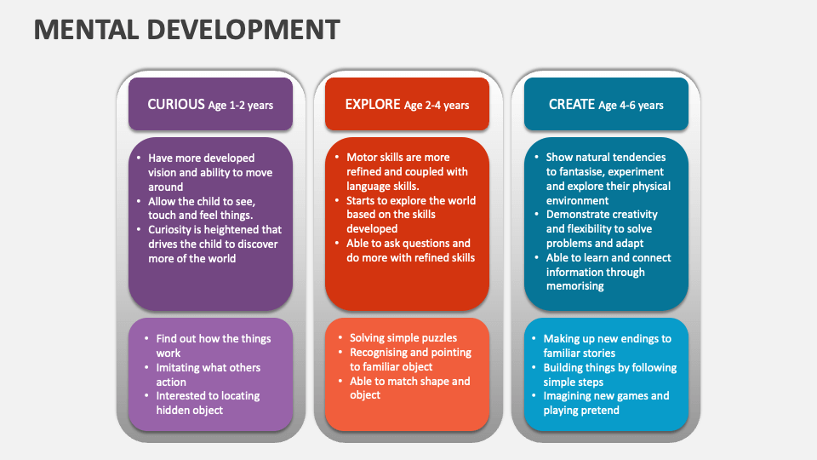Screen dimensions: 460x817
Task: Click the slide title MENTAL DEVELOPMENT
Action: (x=186, y=29)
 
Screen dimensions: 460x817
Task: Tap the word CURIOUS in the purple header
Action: (x=176, y=104)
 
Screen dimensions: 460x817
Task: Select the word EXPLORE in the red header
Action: (x=372, y=104)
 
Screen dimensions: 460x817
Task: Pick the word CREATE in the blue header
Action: (x=571, y=104)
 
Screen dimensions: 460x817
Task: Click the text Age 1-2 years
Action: (x=241, y=106)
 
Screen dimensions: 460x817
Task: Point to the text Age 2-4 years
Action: (x=437, y=106)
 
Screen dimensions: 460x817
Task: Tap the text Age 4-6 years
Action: (x=631, y=106)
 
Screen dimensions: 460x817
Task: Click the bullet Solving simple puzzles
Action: (x=403, y=338)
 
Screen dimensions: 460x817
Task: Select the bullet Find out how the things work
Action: (x=213, y=346)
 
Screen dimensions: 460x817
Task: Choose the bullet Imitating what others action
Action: (x=208, y=375)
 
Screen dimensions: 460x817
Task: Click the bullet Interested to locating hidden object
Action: (x=207, y=403)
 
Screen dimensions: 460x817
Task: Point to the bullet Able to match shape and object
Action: (x=409, y=388)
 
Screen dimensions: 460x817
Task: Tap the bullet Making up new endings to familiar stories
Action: (x=607, y=346)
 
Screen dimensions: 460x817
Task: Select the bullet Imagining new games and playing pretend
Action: (x=606, y=403)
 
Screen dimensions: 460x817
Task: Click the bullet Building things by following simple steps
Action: (x=609, y=375)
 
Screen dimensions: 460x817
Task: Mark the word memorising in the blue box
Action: (x=575, y=286)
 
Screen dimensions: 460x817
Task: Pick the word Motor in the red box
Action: (x=362, y=158)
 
